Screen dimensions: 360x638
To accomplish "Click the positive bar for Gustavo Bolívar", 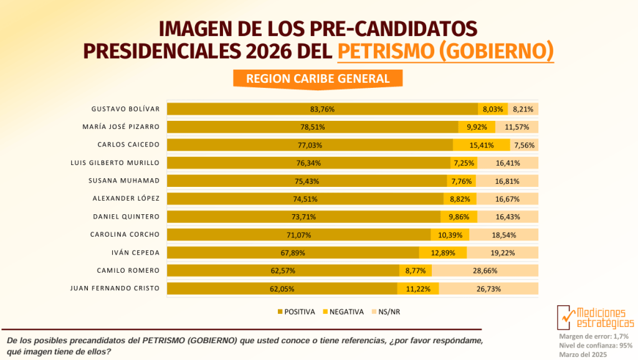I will point(322,109).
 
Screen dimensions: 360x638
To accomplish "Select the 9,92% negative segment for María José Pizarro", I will point(477,127).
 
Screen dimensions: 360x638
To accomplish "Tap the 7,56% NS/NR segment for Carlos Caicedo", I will point(523,145).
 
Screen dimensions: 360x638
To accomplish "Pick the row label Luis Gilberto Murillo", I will point(115,163).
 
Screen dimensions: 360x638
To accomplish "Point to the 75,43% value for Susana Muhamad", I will point(307,181).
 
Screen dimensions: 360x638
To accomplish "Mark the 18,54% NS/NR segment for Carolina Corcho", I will point(503,235).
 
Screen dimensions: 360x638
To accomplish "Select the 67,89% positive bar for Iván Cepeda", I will point(293,253).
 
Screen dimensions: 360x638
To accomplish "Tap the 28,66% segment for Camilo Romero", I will point(485,271).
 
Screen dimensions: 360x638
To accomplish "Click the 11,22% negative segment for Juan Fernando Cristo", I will point(418,289).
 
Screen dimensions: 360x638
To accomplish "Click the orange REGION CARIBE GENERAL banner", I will point(318,78).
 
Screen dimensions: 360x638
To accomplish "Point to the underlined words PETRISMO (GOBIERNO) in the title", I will point(445,50).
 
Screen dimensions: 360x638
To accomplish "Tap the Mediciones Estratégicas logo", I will point(596,317).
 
